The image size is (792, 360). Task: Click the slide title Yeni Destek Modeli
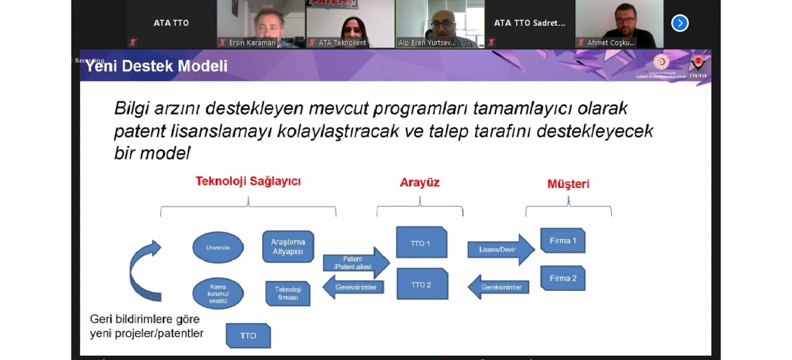coord(157,67)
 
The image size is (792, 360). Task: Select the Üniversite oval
coord(217,248)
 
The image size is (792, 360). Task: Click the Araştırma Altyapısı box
coord(288,246)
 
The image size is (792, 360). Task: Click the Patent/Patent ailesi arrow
coord(356,263)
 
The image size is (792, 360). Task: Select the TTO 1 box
coord(421,243)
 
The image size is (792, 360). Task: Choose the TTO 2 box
coord(421,284)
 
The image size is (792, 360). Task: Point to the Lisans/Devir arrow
coord(501,249)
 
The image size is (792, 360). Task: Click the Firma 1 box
coord(563,240)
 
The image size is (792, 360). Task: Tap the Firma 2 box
coord(563,278)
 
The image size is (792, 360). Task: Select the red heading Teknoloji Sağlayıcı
coord(248,181)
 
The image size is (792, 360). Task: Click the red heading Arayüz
coord(420,183)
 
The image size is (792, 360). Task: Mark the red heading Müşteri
coord(568,184)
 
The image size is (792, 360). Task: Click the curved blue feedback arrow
coord(144,271)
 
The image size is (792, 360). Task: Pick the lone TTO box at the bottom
coord(248,336)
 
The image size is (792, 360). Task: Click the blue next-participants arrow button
coord(680,23)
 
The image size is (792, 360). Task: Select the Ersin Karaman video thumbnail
coord(260,24)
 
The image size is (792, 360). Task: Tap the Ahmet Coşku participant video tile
coord(618,24)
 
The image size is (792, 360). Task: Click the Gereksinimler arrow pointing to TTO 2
coord(498,287)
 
